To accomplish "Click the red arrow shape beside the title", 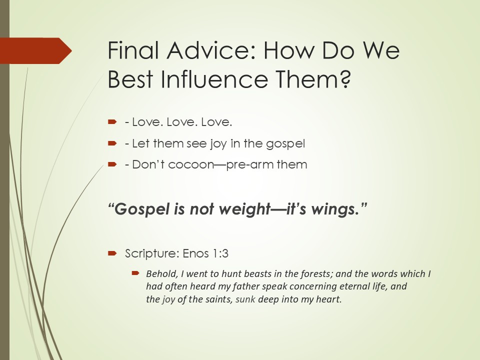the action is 36,51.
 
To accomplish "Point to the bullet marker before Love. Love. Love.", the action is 112,122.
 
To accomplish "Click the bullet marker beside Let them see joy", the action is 112,143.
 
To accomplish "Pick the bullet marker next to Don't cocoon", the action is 112,164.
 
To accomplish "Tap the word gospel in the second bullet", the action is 285,144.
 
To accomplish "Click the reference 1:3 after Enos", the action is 220,254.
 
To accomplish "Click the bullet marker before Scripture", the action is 112,253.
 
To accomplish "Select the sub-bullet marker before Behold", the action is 135,272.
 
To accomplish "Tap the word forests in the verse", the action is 316,273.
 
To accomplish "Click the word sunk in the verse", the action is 245,299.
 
